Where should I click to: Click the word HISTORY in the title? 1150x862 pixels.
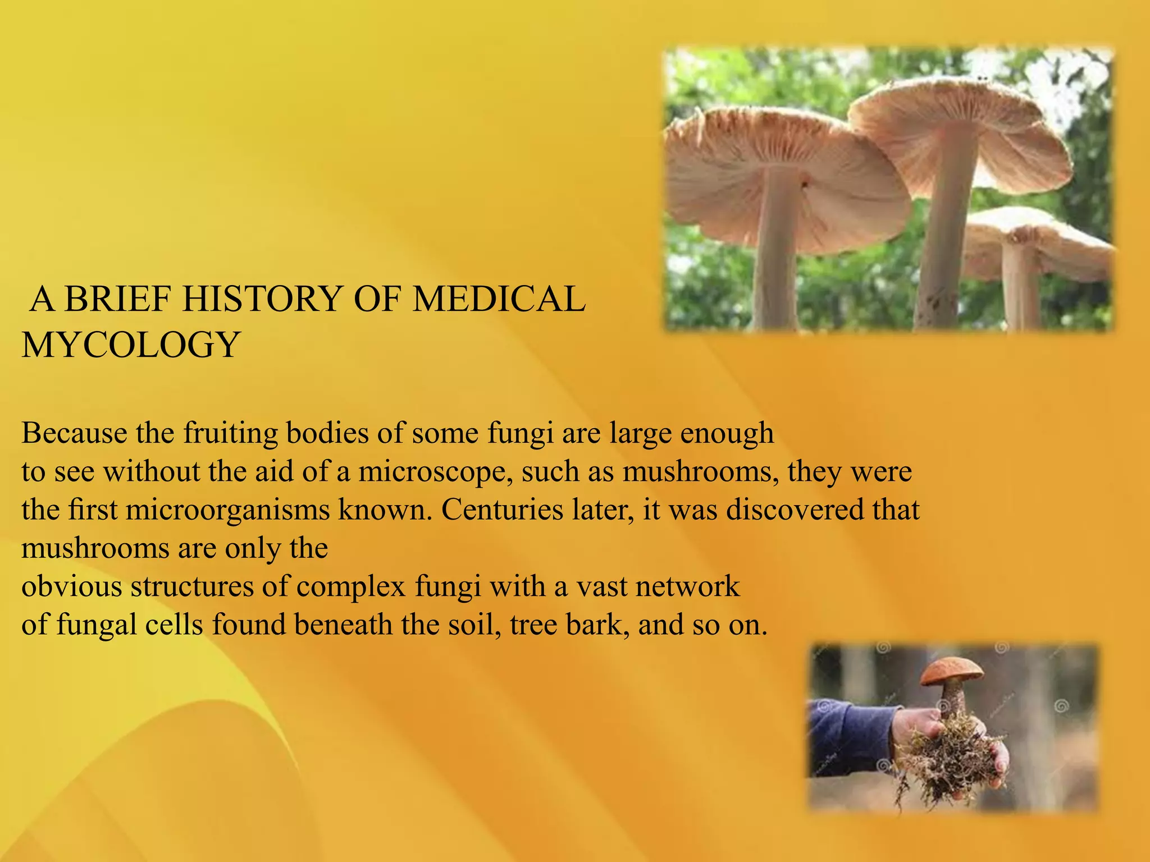(x=262, y=299)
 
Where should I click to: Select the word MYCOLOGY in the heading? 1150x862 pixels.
(x=131, y=345)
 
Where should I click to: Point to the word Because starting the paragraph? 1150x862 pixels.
(x=75, y=433)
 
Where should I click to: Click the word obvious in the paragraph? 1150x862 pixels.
(x=71, y=587)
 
